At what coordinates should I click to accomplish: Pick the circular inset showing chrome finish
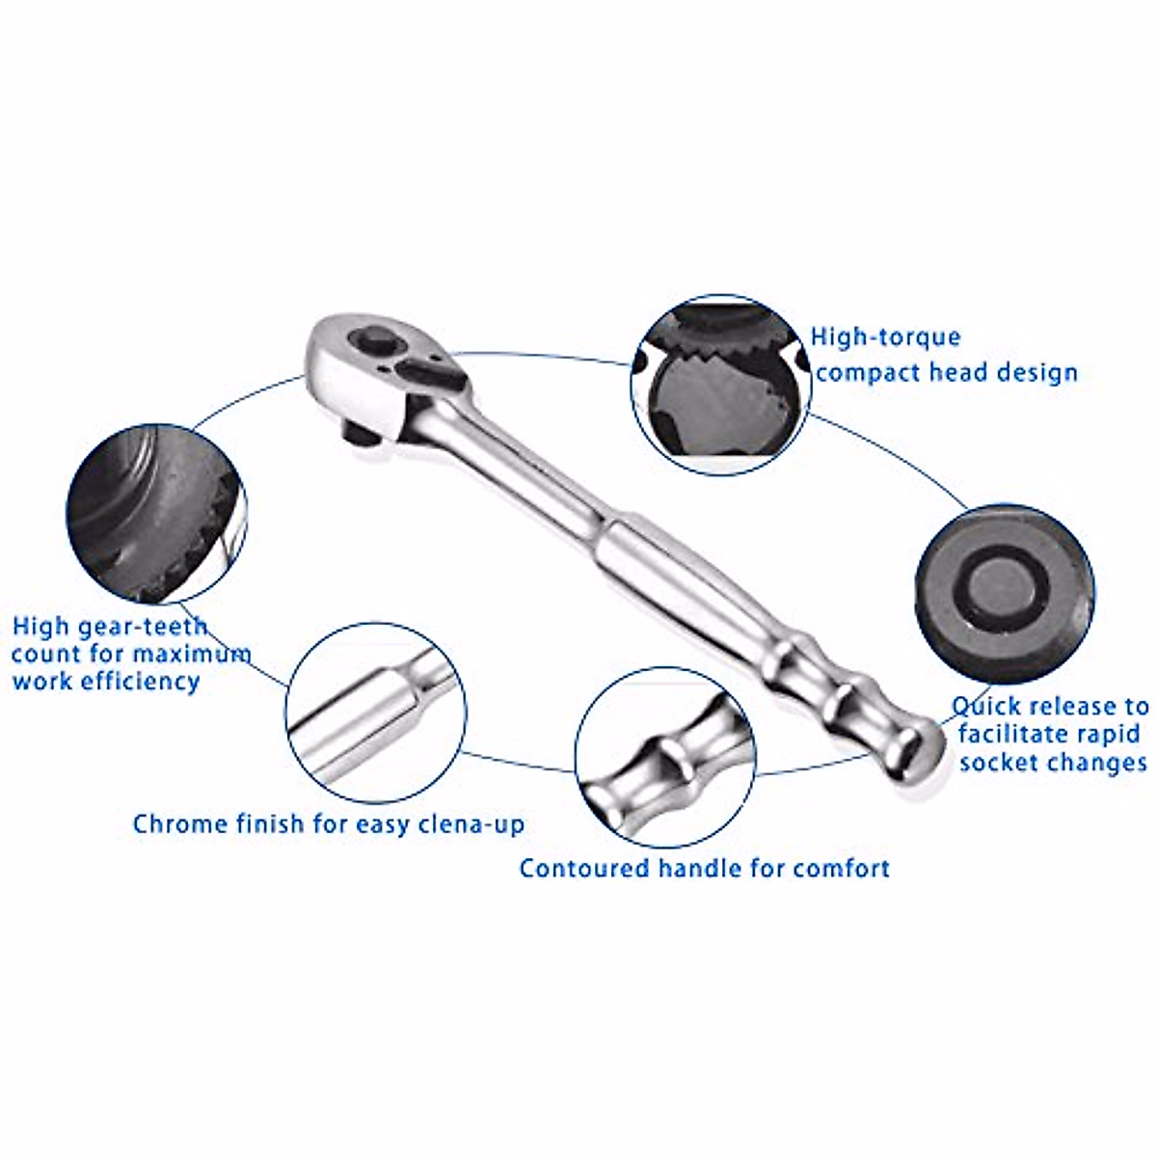(376, 713)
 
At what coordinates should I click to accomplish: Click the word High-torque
(885, 337)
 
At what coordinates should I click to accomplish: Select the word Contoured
(584, 869)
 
